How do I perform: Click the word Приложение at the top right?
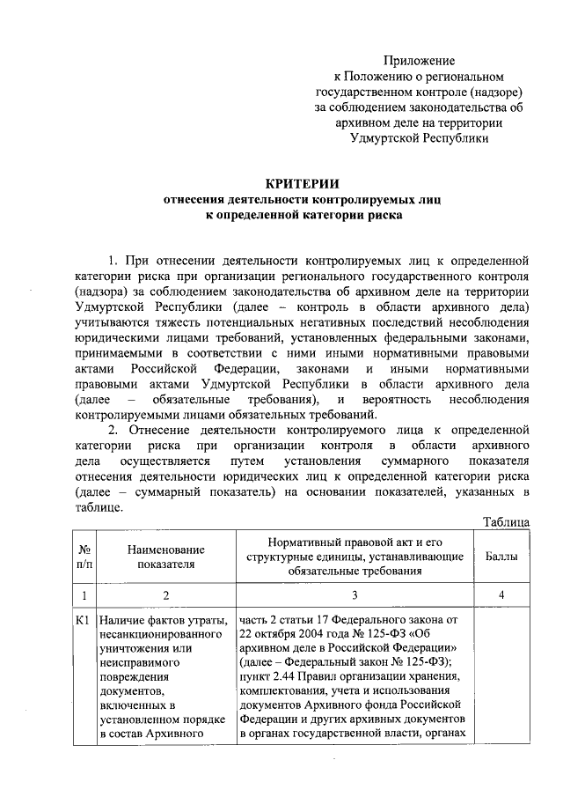point(419,61)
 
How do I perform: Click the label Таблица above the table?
point(507,523)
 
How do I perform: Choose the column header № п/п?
point(85,557)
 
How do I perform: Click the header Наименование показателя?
point(165,557)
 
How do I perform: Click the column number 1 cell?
point(85,595)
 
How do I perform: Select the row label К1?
point(85,621)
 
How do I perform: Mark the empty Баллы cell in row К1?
point(501,678)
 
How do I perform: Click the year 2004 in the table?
point(334,635)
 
